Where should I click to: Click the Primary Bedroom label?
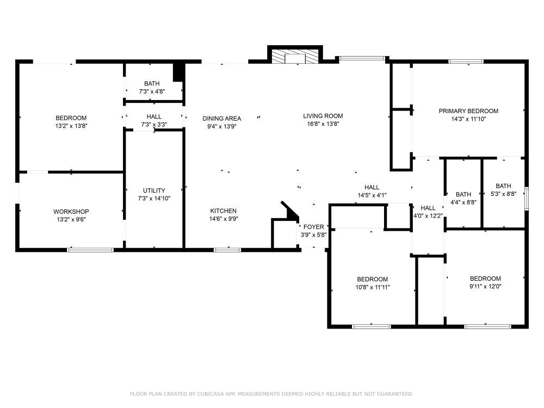[x=468, y=111]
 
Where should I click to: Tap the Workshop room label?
[x=71, y=212]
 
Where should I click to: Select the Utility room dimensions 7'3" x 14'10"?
[x=154, y=199]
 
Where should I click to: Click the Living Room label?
[x=323, y=116]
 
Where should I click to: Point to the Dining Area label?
[x=221, y=119]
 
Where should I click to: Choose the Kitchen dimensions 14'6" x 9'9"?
[x=223, y=219]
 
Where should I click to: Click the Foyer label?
[x=313, y=227]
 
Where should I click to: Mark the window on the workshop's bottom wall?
[x=90, y=250]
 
